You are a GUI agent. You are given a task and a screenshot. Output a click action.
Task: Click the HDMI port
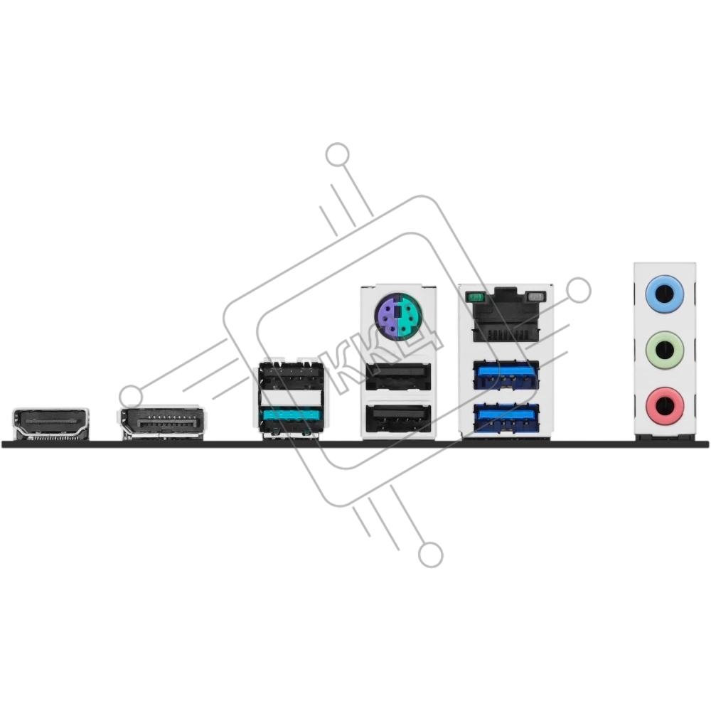coord(50,424)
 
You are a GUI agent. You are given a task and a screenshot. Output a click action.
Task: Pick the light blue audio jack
coord(664,295)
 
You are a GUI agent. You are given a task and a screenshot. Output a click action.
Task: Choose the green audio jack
coord(664,351)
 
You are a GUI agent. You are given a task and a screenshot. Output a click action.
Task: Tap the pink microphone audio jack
coord(664,405)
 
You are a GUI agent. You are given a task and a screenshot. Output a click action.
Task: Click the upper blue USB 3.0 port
coord(506,375)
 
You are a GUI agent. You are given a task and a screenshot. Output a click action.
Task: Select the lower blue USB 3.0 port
coord(506,419)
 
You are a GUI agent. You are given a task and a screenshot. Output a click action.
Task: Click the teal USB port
coord(291,419)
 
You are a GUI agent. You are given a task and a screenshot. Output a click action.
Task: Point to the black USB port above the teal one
coord(291,376)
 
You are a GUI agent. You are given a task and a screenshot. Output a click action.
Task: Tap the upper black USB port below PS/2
coord(398,376)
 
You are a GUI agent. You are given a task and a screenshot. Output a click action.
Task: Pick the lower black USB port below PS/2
coord(398,418)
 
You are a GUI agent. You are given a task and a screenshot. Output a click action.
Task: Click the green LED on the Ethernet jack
coord(475,297)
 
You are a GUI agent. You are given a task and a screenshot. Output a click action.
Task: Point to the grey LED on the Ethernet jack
coord(536,297)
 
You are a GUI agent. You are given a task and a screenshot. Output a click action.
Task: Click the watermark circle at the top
coord(337,154)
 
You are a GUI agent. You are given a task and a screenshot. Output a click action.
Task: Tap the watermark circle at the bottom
coord(430,554)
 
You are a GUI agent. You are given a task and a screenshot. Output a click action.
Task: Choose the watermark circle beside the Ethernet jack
coord(579,290)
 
